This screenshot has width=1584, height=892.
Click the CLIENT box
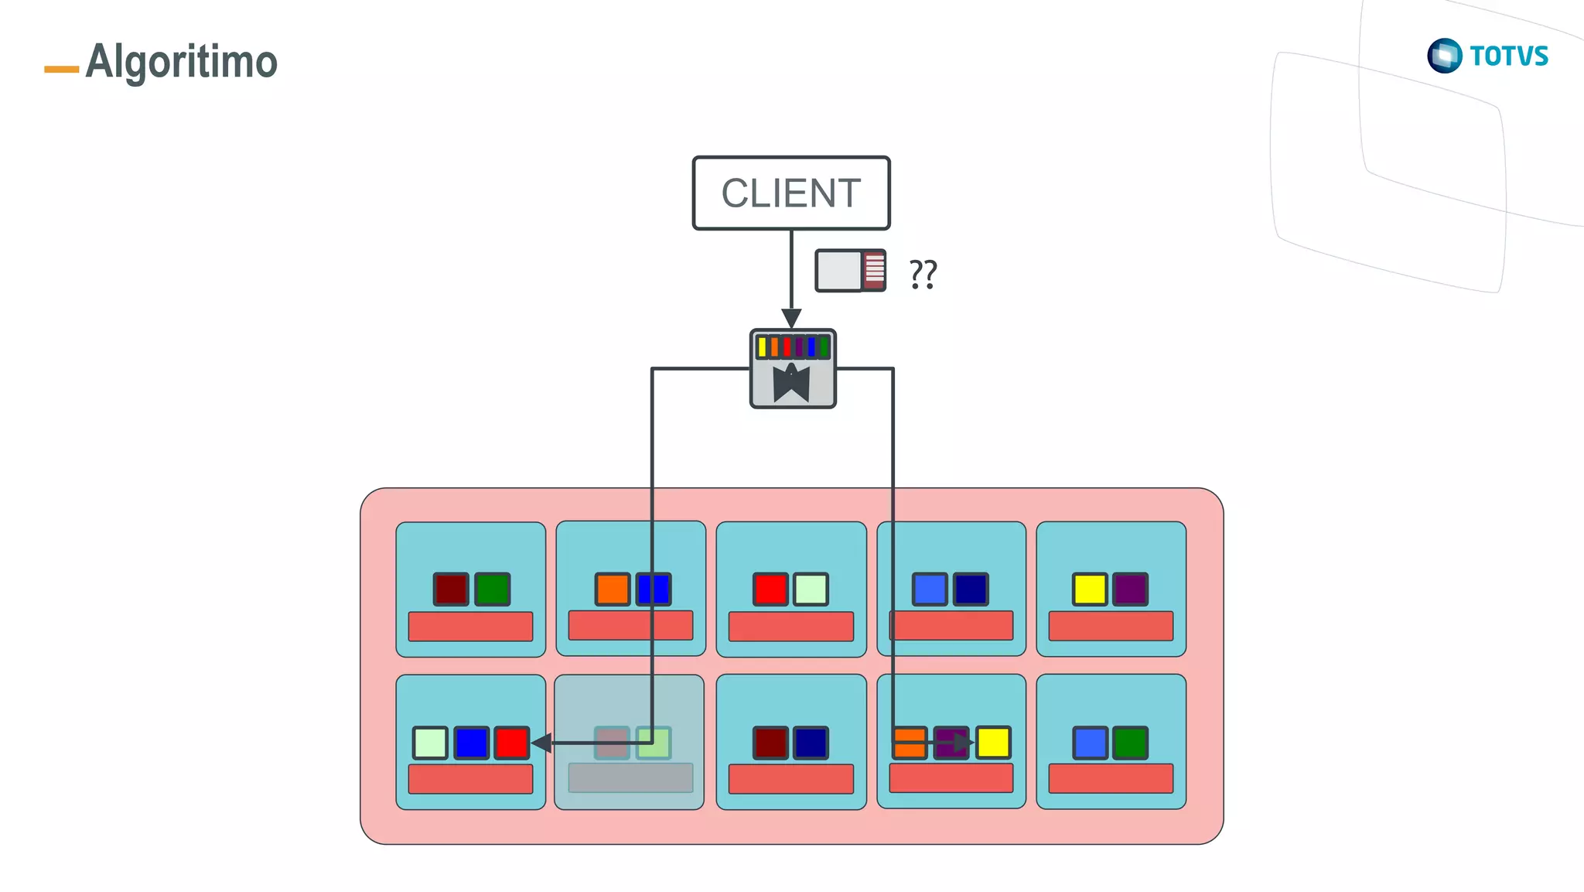791,193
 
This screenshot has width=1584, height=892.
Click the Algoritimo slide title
181,62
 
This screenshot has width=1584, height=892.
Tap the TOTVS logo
1487,56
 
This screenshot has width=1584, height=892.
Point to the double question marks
923,274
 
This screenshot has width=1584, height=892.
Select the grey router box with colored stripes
793,369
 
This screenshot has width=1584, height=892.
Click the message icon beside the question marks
850,271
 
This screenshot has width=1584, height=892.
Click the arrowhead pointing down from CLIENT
791,318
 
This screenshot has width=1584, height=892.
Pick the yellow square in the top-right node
1090,590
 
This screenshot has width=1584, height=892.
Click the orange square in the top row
613,590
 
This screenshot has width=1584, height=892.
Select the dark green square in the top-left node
492,590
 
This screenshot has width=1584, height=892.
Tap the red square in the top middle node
770,590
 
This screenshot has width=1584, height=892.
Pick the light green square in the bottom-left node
430,743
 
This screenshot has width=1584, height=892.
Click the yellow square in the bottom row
993,743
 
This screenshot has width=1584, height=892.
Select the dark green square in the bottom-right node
1130,743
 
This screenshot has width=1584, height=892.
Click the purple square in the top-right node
1130,590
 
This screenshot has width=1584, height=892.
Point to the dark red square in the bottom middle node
770,743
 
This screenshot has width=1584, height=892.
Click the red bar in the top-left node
470,627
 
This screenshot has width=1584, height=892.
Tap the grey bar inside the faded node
630,778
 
